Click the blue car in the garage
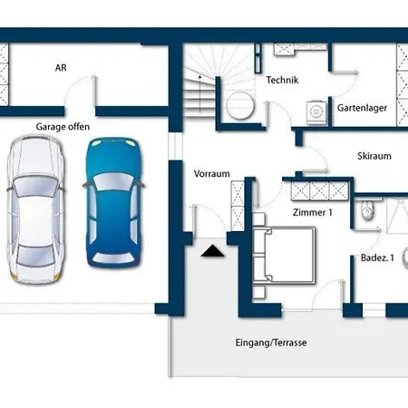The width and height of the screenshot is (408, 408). (113, 202)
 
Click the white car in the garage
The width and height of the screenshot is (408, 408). (35, 209)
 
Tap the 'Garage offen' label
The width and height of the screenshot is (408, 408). (63, 127)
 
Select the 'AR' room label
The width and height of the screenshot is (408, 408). (61, 68)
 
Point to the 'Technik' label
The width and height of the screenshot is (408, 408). (282, 80)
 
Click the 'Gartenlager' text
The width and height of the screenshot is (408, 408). (362, 108)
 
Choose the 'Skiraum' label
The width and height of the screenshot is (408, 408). (374, 156)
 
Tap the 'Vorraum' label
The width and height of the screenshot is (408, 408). (211, 174)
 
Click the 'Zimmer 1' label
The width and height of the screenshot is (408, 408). (313, 212)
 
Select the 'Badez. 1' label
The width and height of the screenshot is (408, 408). (377, 257)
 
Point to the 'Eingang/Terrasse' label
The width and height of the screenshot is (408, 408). (271, 343)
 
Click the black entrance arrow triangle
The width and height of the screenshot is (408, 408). (213, 251)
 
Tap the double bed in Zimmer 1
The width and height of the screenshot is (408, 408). (284, 256)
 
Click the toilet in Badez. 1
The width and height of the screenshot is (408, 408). (367, 209)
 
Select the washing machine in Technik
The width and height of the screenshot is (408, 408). (316, 112)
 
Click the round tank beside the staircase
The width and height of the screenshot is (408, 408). (240, 105)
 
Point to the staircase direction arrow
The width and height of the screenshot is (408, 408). (199, 93)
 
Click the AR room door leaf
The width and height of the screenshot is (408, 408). (95, 91)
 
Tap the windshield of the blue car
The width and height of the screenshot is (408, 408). (113, 181)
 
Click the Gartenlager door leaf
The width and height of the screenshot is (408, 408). (345, 72)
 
